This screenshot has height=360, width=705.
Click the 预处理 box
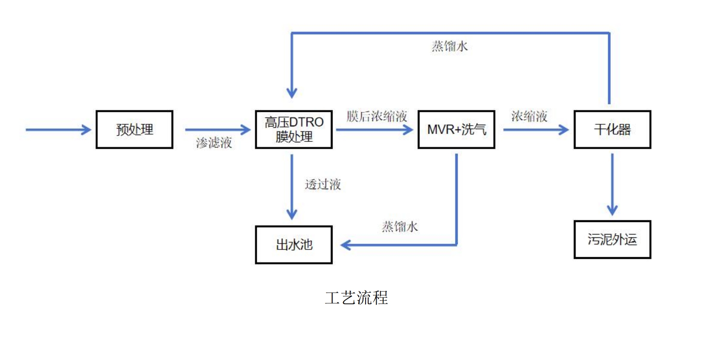click(x=135, y=129)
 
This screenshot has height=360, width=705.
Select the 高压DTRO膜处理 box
click(x=294, y=129)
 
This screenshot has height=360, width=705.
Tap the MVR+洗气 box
click(x=456, y=129)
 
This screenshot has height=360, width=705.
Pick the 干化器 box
click(x=612, y=129)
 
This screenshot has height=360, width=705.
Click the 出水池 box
click(x=294, y=245)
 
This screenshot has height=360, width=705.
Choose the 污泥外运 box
click(x=612, y=240)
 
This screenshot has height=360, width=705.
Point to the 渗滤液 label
click(x=214, y=143)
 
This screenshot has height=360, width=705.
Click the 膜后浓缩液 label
click(x=377, y=116)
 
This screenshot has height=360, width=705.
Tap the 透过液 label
click(x=323, y=184)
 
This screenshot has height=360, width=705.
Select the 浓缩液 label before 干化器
click(x=529, y=116)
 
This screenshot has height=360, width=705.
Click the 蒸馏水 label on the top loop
click(x=450, y=46)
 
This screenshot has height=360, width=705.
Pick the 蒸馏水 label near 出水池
click(x=400, y=226)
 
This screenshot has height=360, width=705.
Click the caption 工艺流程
click(x=356, y=298)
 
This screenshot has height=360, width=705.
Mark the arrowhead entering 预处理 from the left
click(x=87, y=129)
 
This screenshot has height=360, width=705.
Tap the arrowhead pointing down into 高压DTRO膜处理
click(x=292, y=93)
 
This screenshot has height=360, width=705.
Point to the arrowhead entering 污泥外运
click(x=612, y=211)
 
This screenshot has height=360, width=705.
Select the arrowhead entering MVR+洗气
click(x=409, y=129)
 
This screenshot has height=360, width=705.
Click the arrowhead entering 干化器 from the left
click(x=564, y=129)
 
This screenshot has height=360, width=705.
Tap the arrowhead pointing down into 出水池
click(x=292, y=215)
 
